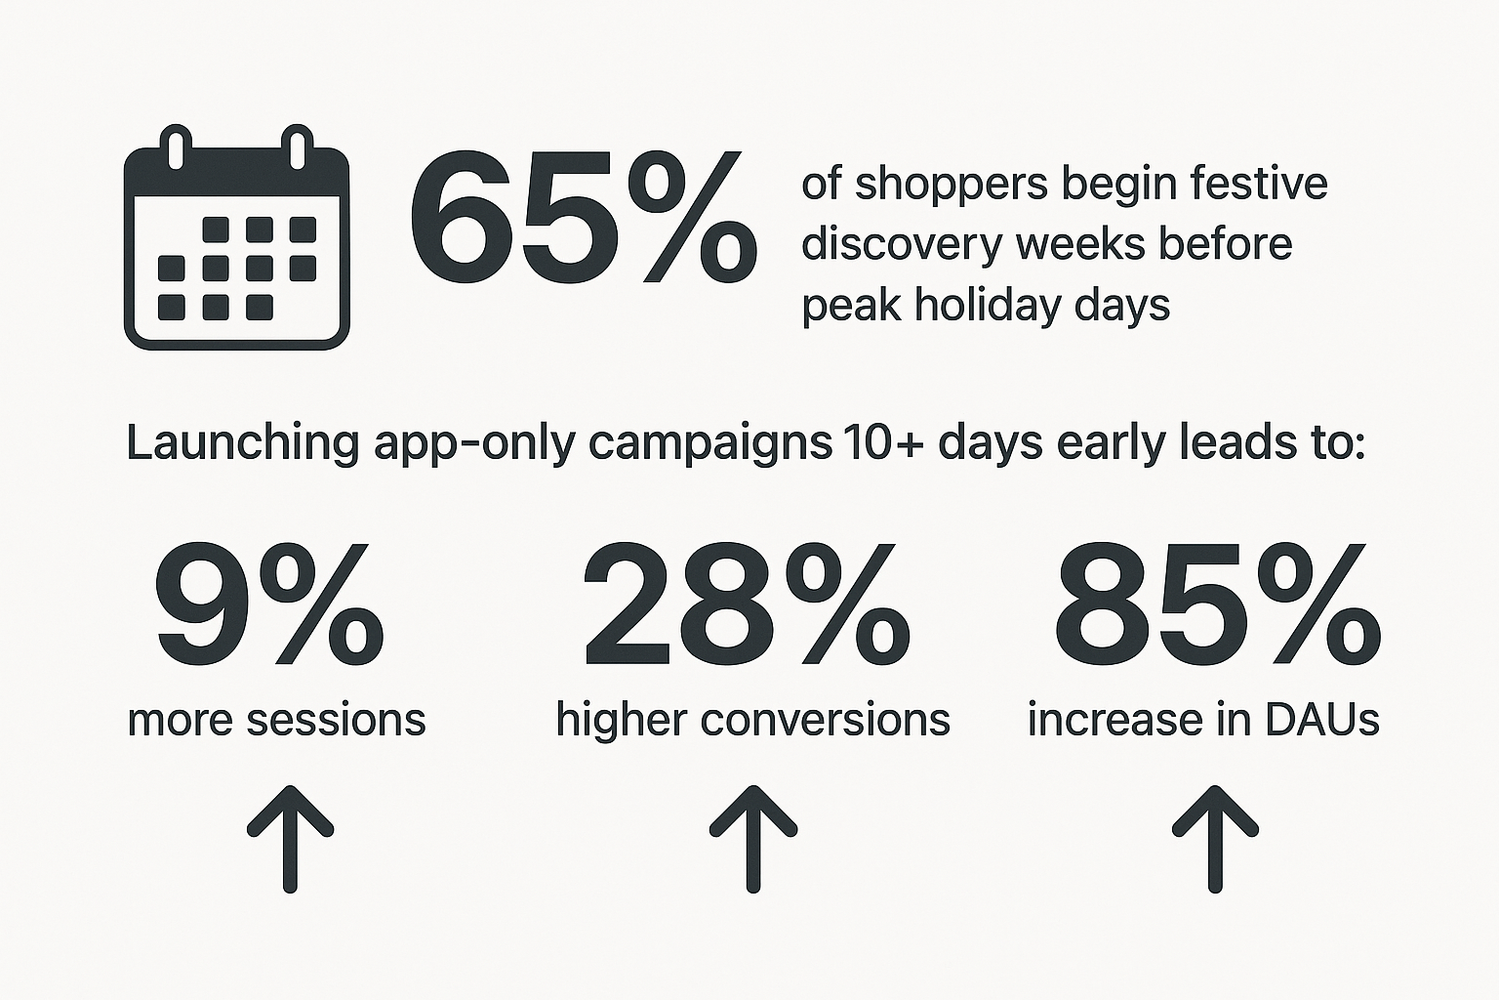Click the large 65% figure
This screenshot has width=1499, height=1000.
[x=583, y=218]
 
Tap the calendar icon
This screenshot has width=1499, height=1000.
[x=237, y=237]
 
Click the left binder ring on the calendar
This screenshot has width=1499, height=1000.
[x=177, y=147]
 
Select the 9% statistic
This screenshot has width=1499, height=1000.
[x=269, y=604]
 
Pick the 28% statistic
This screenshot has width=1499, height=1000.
[x=747, y=604]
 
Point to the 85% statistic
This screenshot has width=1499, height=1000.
[x=1217, y=604]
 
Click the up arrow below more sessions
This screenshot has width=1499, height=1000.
[x=290, y=839]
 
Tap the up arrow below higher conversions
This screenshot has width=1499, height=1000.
[x=752, y=839]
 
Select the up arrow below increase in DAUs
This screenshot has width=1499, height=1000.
[x=1215, y=839]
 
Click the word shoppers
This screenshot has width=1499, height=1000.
[x=952, y=187]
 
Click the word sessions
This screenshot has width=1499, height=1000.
[x=336, y=721]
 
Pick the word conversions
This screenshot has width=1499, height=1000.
[x=825, y=721]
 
